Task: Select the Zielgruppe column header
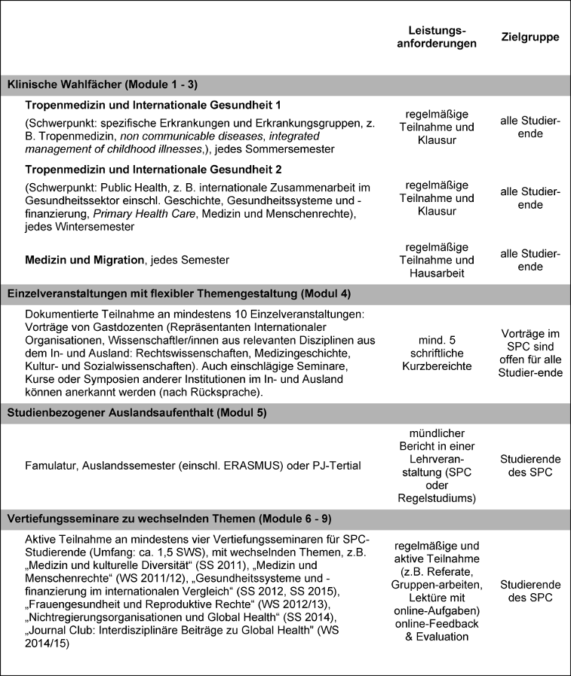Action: pos(530,36)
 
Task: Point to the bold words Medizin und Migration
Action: pos(84,260)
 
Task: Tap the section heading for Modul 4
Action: pos(180,293)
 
